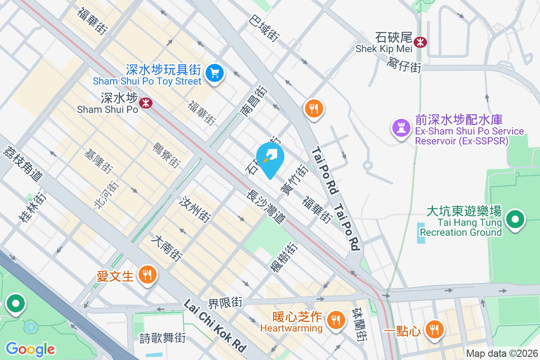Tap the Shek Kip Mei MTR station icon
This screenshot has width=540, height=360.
421,42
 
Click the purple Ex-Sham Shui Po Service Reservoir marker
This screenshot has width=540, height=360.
401,127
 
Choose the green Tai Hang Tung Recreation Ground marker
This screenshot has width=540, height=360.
516,220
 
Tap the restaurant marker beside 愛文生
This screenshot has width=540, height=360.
147,274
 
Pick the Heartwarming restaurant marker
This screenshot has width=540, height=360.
335,320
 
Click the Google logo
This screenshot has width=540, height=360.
30,349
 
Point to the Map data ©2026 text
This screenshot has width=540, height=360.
501,354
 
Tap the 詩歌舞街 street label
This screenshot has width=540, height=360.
157,337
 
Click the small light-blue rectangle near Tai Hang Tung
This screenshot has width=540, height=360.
421,233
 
